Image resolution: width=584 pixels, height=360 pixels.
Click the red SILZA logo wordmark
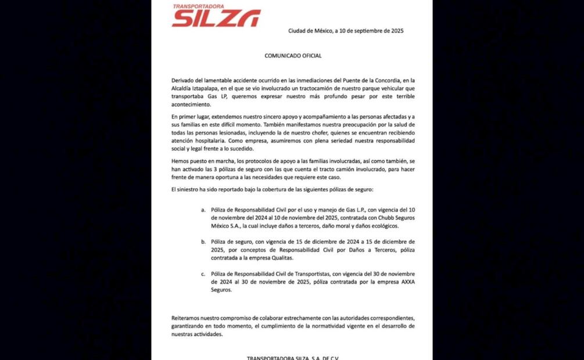point(216,19)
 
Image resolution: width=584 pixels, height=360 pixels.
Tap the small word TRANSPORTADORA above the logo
point(199,7)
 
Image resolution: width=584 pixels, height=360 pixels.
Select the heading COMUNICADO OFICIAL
point(293,56)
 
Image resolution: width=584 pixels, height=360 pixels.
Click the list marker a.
point(203,209)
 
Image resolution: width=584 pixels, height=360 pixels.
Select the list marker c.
point(203,273)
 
